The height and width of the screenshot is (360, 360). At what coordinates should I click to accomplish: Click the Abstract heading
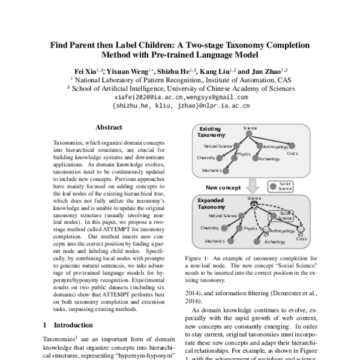109,128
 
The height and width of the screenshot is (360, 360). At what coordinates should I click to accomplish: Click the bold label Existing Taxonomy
211,132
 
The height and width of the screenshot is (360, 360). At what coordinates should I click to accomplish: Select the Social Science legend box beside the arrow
281,185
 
